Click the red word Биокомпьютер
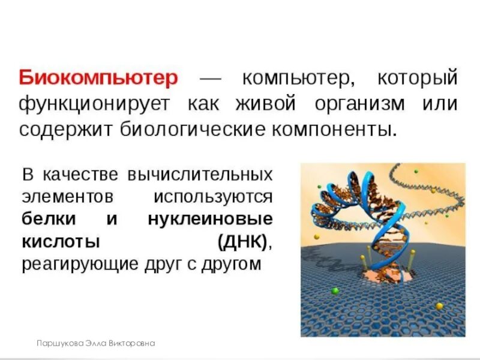[x=98, y=79]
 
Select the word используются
[x=213, y=197]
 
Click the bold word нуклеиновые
[x=211, y=219]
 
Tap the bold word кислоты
[x=60, y=242]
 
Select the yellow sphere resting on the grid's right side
[x=439, y=306]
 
